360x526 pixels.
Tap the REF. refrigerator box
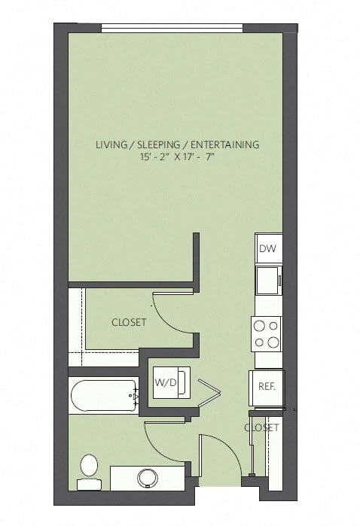(x=266, y=388)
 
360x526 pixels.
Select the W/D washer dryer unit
(x=166, y=382)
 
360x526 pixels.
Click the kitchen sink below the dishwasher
(x=267, y=280)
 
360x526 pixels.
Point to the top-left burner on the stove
(x=260, y=327)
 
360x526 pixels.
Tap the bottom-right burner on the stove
(x=273, y=342)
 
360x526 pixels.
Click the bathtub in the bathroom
(x=102, y=394)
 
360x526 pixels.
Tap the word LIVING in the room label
(x=113, y=144)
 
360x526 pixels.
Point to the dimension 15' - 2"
(x=157, y=158)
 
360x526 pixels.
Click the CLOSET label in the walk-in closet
(x=129, y=322)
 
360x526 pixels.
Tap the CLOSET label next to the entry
(x=261, y=427)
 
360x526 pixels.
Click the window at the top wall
(x=172, y=29)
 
